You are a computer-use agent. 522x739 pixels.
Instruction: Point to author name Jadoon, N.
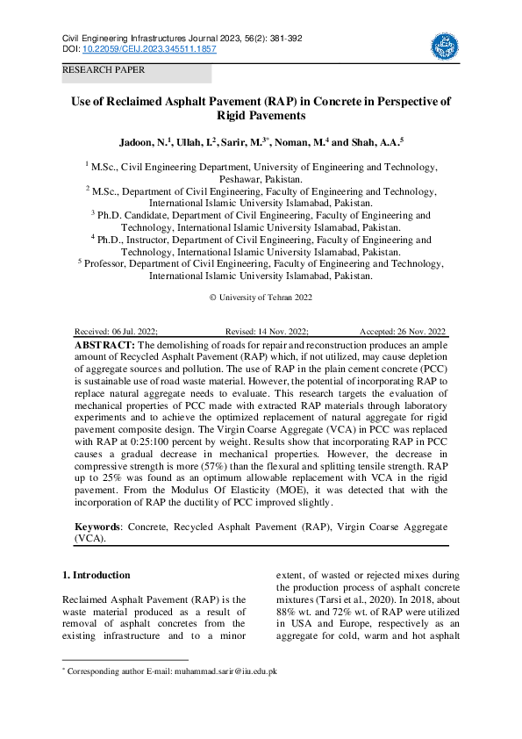tap(147, 141)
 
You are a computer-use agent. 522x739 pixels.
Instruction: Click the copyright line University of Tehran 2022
tap(261, 298)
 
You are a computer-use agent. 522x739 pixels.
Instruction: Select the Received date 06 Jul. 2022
tap(117, 332)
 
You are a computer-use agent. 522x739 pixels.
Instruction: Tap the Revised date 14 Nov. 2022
tap(267, 332)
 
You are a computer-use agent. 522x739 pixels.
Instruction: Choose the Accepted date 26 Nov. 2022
tap(403, 332)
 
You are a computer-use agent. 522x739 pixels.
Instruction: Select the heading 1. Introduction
tap(97, 576)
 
